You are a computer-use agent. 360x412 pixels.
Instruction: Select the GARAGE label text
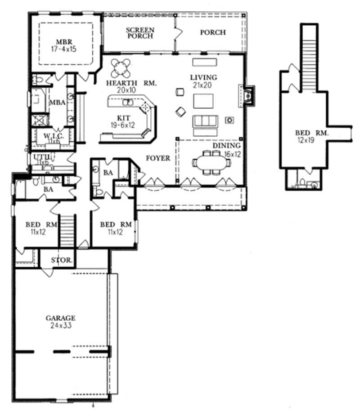tap(60, 318)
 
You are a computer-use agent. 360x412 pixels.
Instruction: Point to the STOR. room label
tap(59, 260)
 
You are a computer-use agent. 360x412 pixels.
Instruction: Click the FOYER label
tap(158, 158)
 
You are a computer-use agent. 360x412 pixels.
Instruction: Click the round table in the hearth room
tap(121, 68)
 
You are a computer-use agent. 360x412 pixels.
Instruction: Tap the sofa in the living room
tap(205, 121)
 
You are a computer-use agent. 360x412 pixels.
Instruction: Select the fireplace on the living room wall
tap(248, 95)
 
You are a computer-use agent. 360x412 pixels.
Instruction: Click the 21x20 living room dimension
tap(203, 85)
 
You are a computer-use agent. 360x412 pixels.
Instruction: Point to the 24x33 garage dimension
tap(60, 325)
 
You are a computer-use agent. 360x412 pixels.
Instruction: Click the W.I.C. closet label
tap(53, 135)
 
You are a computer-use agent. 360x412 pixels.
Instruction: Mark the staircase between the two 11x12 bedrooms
tap(66, 230)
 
